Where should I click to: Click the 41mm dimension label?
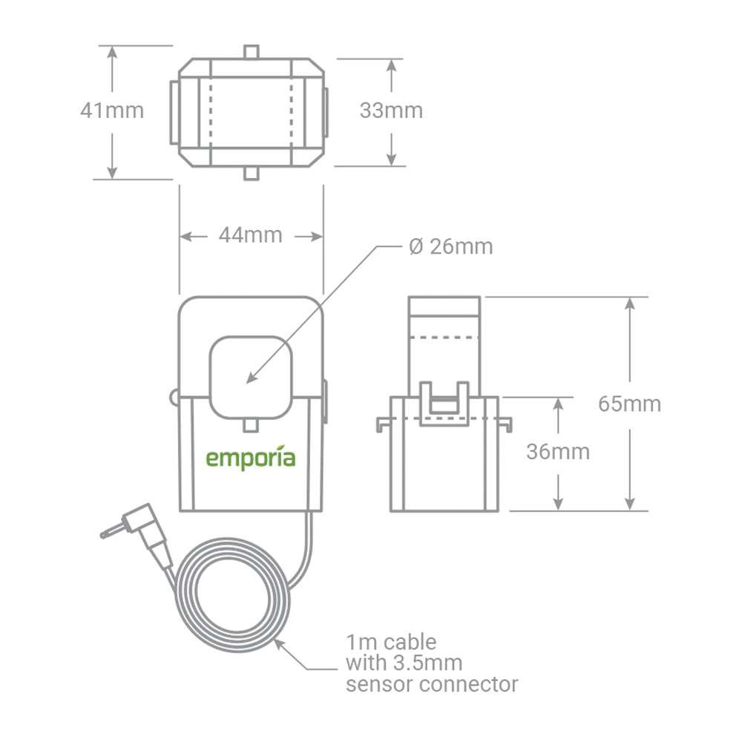click(x=112, y=111)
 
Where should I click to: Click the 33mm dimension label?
click(x=391, y=111)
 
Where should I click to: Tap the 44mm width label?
click(x=250, y=235)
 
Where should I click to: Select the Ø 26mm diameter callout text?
click(x=450, y=246)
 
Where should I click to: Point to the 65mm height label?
click(x=629, y=404)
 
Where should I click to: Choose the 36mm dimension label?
click(x=558, y=451)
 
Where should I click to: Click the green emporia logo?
click(x=250, y=458)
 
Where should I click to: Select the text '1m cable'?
click(x=391, y=641)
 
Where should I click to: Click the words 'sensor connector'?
click(x=431, y=683)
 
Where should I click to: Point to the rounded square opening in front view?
click(x=250, y=377)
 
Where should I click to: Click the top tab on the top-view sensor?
click(x=252, y=53)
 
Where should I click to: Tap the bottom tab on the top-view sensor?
click(x=252, y=173)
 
